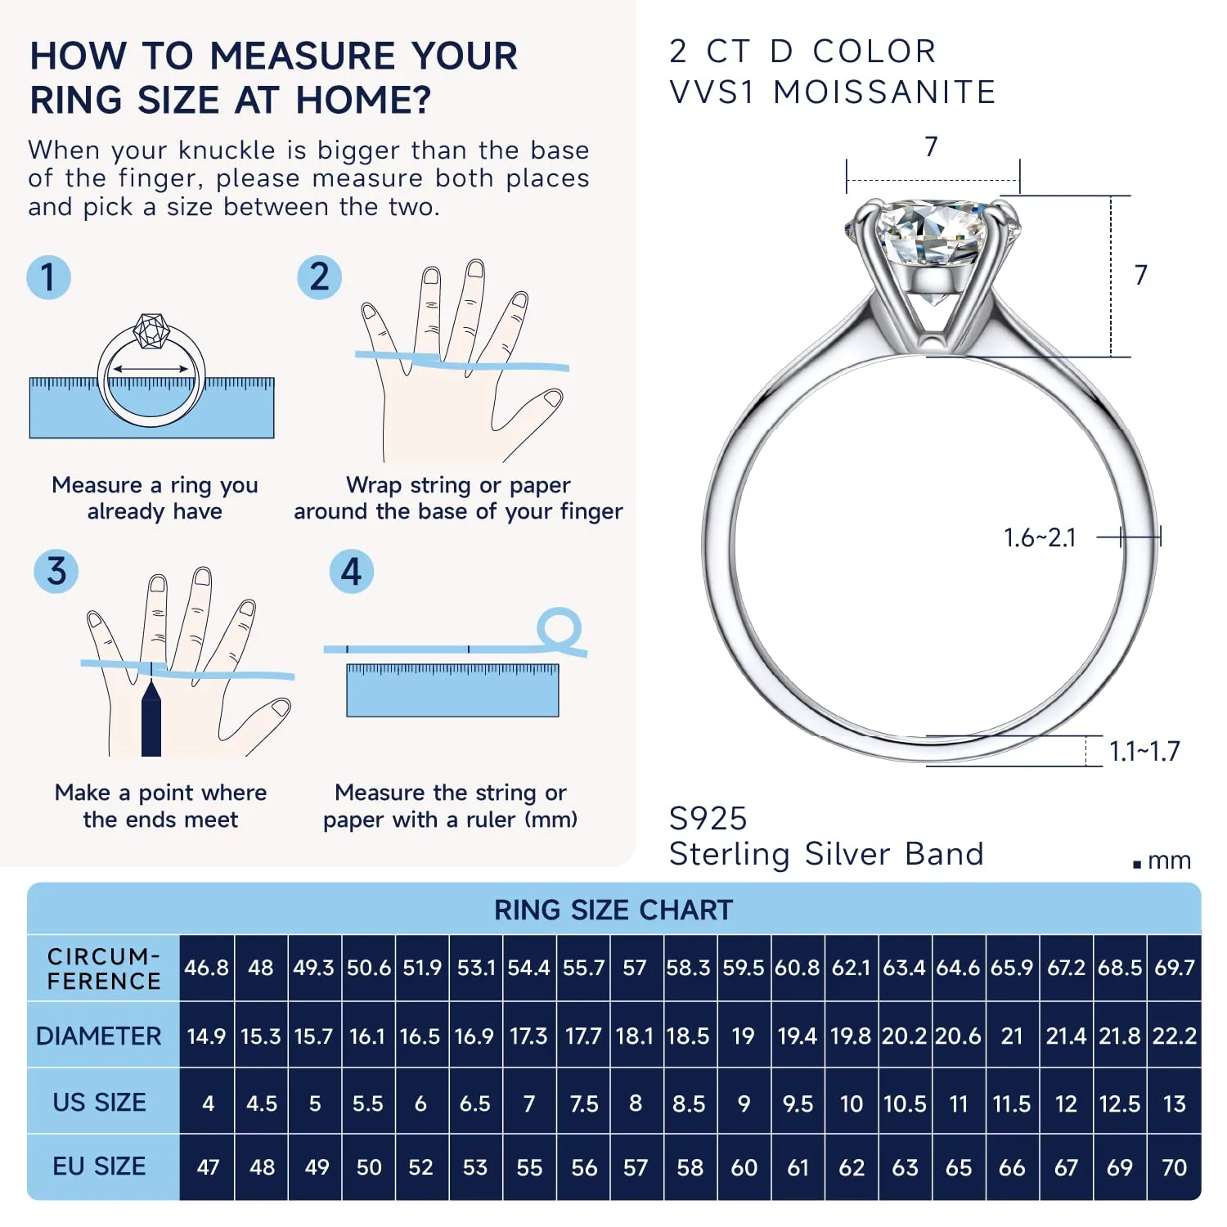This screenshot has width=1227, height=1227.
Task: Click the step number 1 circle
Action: (x=48, y=276)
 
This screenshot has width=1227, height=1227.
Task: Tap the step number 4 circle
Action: (x=351, y=571)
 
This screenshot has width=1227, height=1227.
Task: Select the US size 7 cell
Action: (x=529, y=1103)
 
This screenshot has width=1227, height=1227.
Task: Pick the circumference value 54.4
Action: (x=529, y=968)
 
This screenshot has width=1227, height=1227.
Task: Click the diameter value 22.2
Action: (x=1175, y=1036)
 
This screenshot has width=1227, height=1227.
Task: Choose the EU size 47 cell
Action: (x=208, y=1167)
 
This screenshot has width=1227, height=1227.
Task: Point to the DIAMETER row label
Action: (x=99, y=1036)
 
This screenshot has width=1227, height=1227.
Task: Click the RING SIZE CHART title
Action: (x=613, y=910)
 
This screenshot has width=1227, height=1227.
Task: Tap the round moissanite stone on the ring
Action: (x=931, y=233)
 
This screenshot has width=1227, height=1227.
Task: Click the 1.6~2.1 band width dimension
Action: (x=1040, y=537)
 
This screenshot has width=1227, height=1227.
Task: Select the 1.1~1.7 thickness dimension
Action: (x=1144, y=751)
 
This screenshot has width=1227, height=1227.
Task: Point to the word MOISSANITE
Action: (x=884, y=92)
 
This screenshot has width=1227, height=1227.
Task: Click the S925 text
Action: (x=708, y=818)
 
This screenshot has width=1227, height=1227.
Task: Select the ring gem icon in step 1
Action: (x=151, y=331)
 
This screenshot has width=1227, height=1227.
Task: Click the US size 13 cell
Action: (x=1175, y=1103)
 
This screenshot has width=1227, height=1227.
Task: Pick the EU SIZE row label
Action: (x=99, y=1166)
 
